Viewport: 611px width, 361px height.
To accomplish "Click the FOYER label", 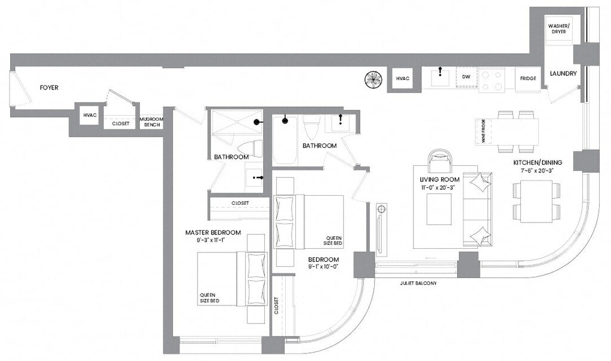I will coord(49,88).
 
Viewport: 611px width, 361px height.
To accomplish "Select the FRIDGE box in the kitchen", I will coord(527,79).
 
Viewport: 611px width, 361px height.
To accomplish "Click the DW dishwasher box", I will coord(467,78).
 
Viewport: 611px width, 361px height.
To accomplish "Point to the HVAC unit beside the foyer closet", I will coord(90,115).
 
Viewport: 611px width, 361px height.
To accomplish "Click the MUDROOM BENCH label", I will coord(151,122).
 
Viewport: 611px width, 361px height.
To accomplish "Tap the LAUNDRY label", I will coord(564,74).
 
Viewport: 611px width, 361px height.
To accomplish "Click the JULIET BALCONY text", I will coord(418,283).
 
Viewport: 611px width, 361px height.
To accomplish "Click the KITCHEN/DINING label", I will coord(535,162).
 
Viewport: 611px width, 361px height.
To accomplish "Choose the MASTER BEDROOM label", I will coord(213,232).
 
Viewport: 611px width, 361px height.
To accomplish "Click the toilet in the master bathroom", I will coord(249,148).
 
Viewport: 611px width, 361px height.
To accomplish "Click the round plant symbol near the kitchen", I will coord(374,79).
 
